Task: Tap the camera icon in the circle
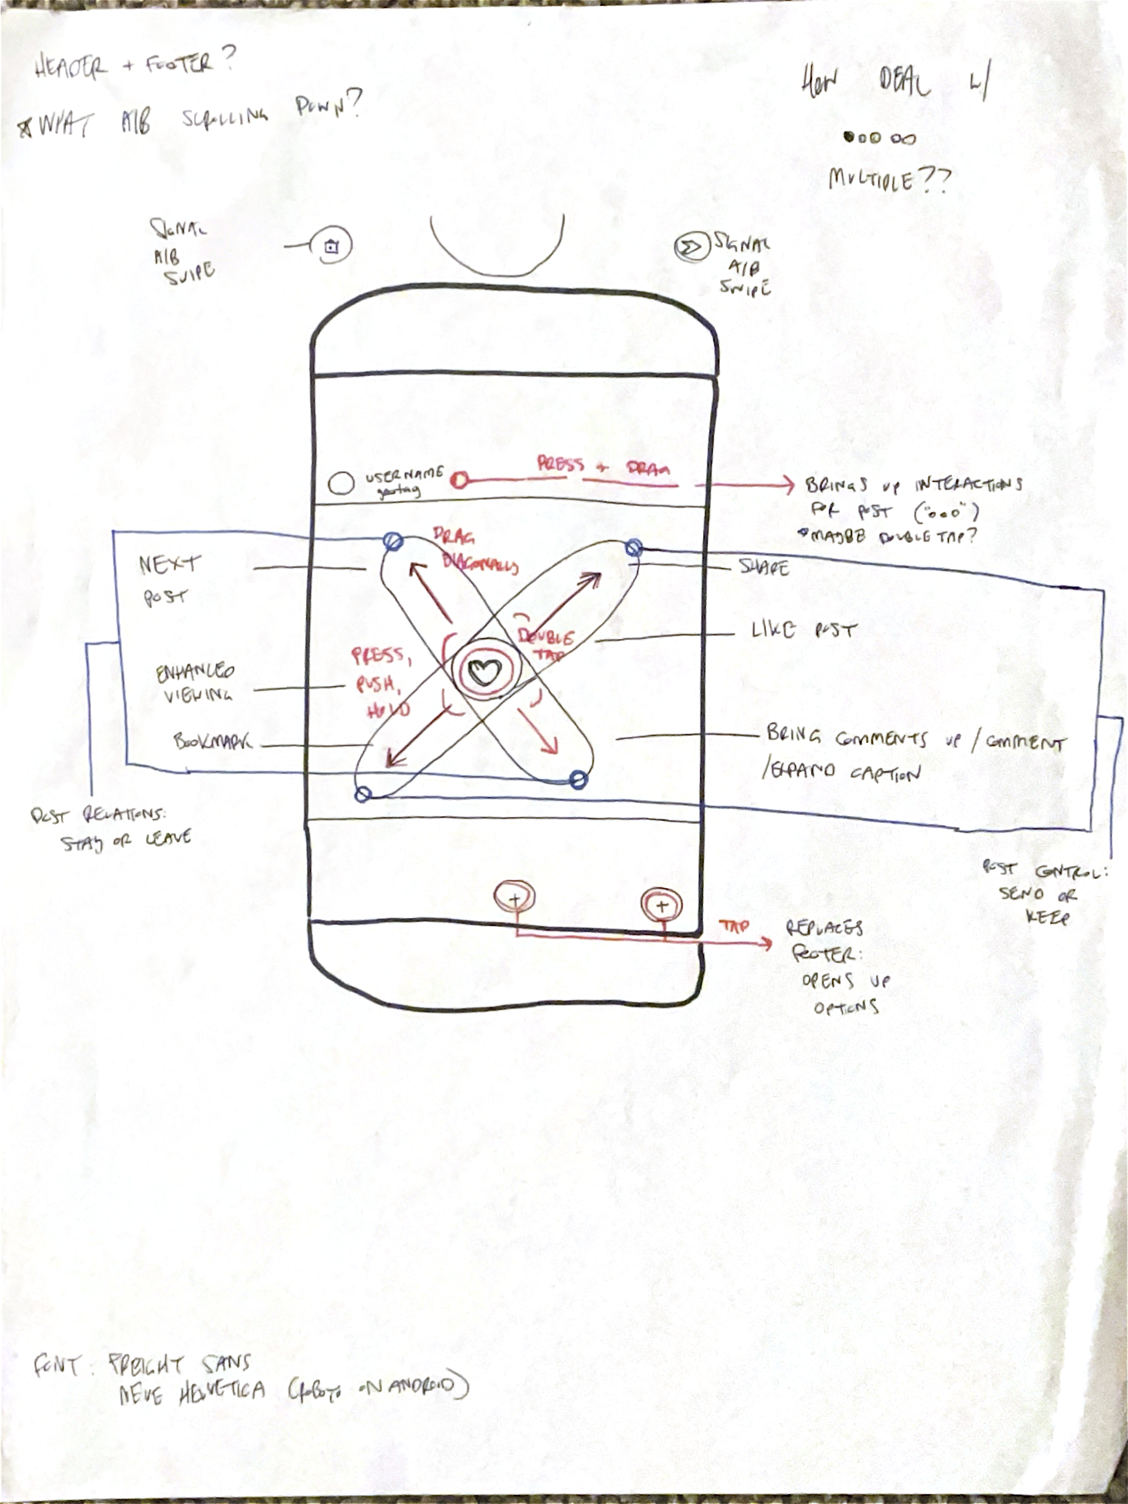[x=331, y=247]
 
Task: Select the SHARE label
[x=763, y=567]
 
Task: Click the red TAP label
[x=734, y=926]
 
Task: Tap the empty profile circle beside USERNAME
[x=341, y=483]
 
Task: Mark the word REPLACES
[x=824, y=928]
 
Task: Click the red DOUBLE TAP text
[x=546, y=644]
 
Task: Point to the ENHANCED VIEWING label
[x=195, y=683]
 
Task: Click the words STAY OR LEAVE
[x=126, y=842]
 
